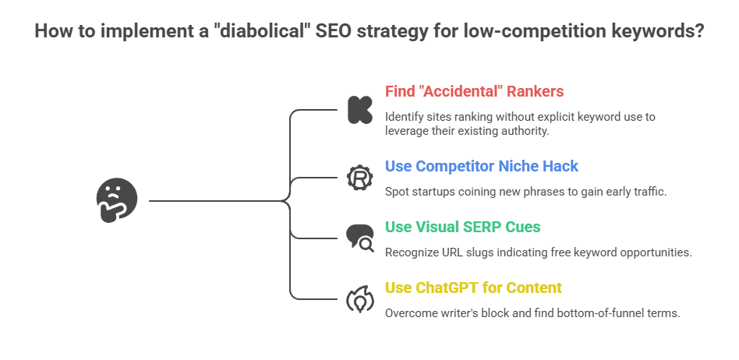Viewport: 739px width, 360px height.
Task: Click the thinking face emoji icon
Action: pos(116,201)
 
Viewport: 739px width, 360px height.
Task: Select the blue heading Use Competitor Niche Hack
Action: pos(481,166)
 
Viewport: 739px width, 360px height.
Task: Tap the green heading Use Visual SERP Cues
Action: pos(462,227)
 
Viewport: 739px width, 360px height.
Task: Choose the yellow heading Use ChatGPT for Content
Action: pos(473,288)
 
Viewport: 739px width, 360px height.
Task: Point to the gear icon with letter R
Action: pos(359,178)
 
